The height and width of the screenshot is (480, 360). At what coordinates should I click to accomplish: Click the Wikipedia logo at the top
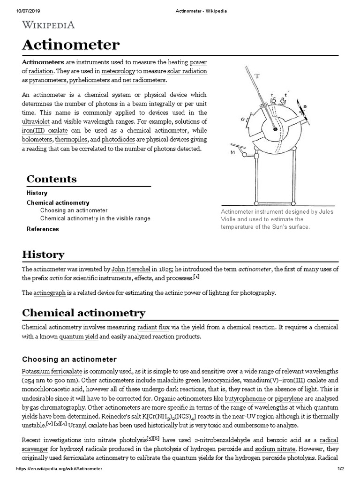[49, 25]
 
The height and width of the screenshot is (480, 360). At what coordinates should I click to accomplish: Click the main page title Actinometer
[71, 45]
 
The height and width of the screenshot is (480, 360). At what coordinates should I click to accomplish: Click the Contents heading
[52, 179]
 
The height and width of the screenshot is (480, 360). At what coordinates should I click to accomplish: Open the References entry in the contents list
[43, 229]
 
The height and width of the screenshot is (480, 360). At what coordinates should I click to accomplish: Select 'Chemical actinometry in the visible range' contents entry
[95, 218]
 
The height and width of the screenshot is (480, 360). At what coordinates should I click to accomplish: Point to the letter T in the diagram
[257, 76]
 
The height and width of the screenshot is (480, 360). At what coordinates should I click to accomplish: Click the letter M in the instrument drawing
[232, 153]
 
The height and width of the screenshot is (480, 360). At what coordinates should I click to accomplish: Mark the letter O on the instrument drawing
[243, 120]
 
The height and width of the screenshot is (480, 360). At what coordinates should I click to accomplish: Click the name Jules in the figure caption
[325, 212]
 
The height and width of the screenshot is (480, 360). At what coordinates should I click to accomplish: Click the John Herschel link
[131, 269]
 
